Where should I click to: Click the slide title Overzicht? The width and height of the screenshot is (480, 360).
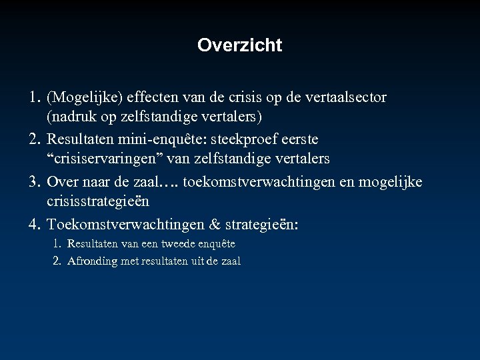pyautogui.click(x=240, y=46)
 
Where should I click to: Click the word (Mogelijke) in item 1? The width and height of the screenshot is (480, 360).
pyautogui.click(x=83, y=98)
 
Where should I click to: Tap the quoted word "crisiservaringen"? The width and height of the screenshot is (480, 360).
pyautogui.click(x=106, y=160)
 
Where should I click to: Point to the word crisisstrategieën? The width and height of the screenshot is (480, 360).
pyautogui.click(x=97, y=202)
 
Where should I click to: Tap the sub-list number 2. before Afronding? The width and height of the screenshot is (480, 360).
pyautogui.click(x=58, y=261)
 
